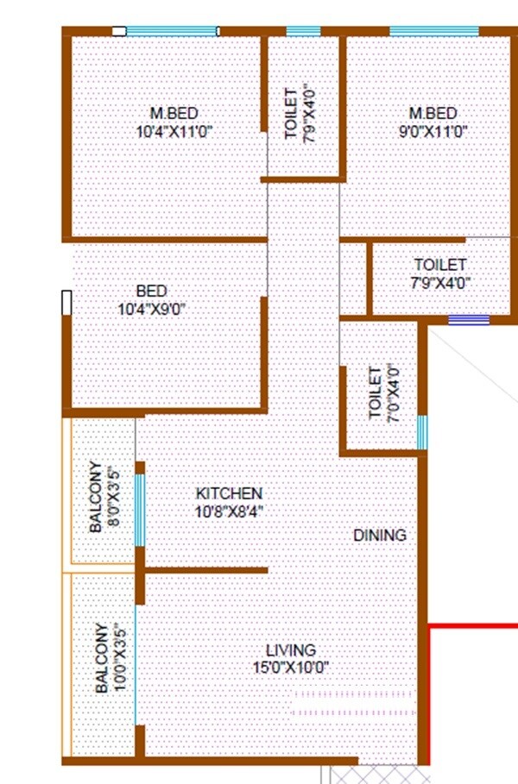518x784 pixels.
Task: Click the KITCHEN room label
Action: [x=229, y=493]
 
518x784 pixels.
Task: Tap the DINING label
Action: [x=379, y=536]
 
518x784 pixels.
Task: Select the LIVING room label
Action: [x=290, y=650]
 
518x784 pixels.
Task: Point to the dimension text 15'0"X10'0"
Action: [x=290, y=667]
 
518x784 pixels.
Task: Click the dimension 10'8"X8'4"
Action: [x=229, y=511]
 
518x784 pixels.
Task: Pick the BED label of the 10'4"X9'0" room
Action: [x=151, y=292]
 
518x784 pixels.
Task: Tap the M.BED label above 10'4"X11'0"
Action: [x=174, y=114]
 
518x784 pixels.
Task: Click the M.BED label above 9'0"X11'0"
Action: [x=433, y=114]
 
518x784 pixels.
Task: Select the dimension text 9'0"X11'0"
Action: [x=433, y=131]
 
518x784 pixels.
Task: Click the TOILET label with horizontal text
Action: [x=439, y=265]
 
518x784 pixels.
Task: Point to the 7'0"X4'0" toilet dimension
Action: [x=393, y=393]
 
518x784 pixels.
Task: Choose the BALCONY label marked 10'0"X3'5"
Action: [x=101, y=658]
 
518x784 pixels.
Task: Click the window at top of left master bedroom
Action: [x=172, y=32]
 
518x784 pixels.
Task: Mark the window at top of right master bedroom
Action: [x=433, y=32]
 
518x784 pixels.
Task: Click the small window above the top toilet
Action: [x=303, y=32]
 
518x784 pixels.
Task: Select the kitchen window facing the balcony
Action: [x=139, y=510]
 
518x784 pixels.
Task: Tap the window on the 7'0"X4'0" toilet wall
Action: [x=422, y=433]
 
